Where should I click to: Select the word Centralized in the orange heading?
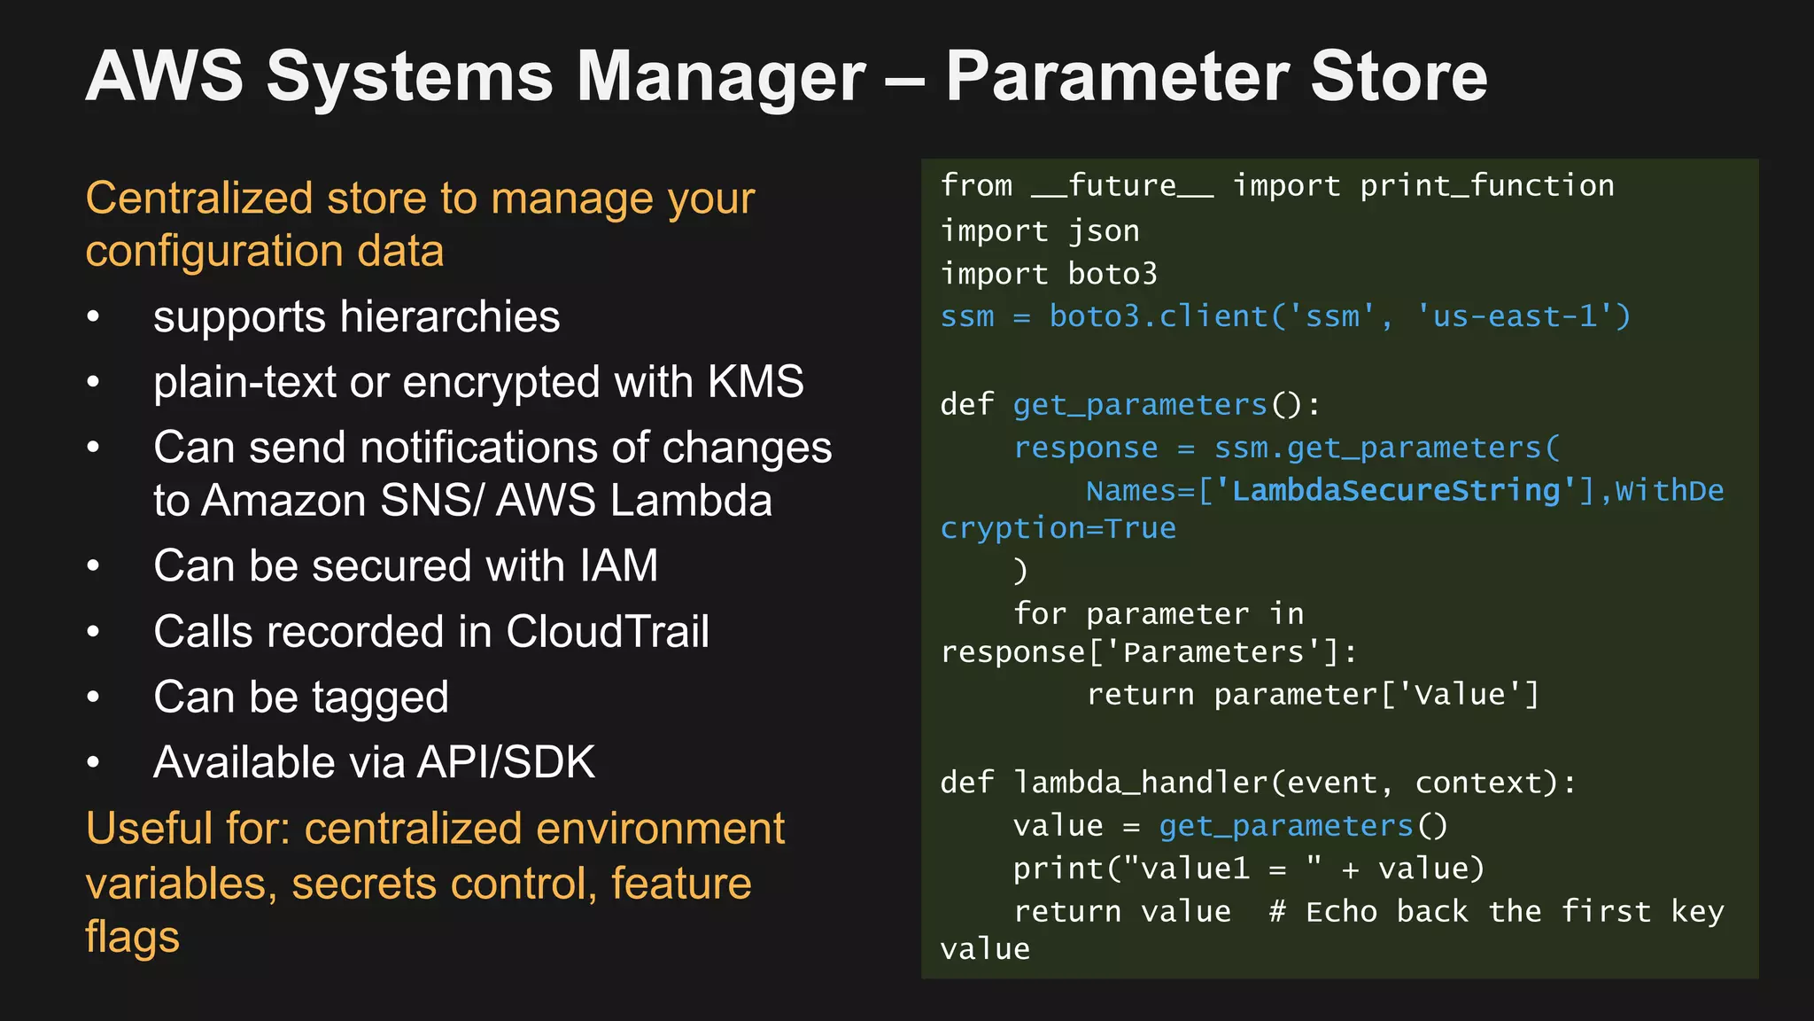[199, 198]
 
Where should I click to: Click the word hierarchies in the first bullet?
[449, 317]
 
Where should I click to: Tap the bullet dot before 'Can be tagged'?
[94, 698]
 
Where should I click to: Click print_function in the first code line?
[1486, 186]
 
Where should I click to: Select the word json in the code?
[1104, 231]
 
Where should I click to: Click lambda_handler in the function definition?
[1141, 783]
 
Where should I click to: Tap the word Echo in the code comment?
[1341, 912]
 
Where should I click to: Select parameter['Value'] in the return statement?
[1376, 695]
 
